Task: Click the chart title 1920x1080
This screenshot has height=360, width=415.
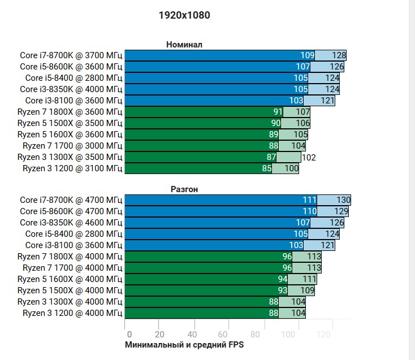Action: click(x=184, y=15)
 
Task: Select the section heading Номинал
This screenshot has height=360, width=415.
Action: click(x=184, y=45)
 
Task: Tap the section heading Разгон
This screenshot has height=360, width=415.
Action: click(x=184, y=189)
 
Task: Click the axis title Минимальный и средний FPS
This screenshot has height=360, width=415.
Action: click(x=185, y=344)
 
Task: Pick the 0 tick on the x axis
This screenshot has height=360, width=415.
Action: click(x=129, y=334)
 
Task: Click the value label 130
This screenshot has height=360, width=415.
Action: click(x=344, y=200)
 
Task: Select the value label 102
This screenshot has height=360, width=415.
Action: click(x=309, y=157)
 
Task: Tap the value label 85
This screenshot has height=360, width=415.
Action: click(x=267, y=168)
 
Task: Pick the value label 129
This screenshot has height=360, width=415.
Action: click(x=341, y=211)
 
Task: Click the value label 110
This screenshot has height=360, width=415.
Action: click(x=309, y=211)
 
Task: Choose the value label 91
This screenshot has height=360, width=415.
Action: click(x=278, y=112)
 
